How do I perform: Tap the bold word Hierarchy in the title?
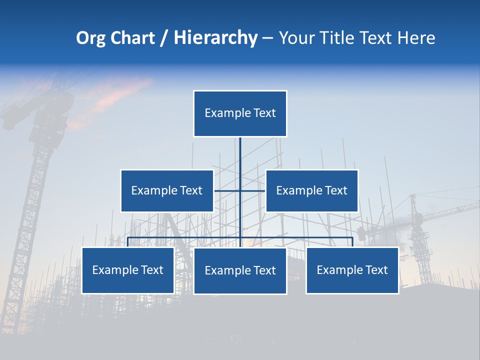(x=215, y=38)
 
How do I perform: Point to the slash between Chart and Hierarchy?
(x=164, y=38)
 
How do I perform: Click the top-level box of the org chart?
(x=240, y=113)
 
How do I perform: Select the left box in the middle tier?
(x=167, y=190)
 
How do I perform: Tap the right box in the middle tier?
(x=311, y=190)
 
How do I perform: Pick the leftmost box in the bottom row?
(x=128, y=270)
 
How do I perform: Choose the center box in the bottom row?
(x=240, y=270)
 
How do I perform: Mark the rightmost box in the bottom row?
(x=352, y=270)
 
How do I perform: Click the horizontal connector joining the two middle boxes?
(x=227, y=190)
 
